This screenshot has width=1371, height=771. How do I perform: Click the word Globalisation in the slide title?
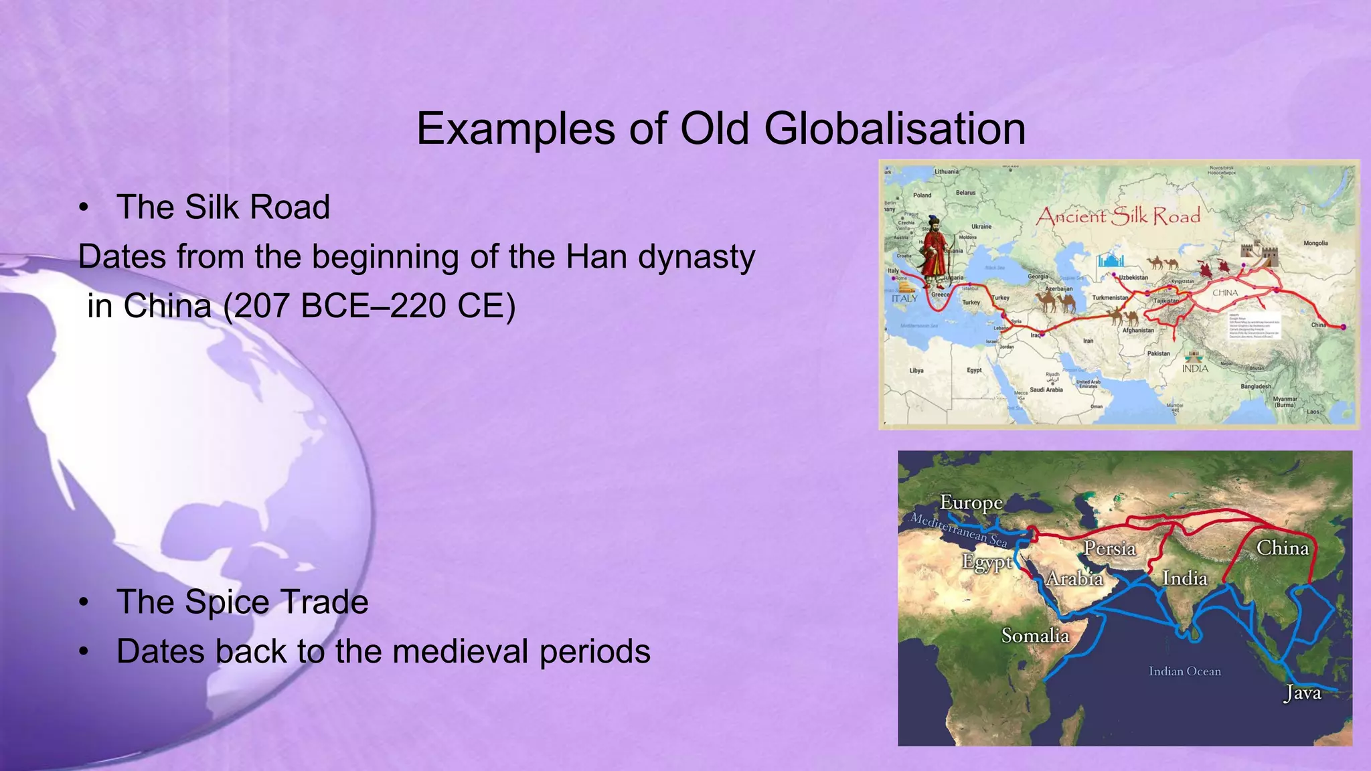pyautogui.click(x=894, y=128)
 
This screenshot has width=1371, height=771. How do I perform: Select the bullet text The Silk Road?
pyautogui.click(x=223, y=207)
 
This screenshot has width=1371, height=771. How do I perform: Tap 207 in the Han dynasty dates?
pyautogui.click(x=262, y=307)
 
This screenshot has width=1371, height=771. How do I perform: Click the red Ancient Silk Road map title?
pyautogui.click(x=1118, y=216)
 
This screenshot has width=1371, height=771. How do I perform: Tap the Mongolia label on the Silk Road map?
pyautogui.click(x=1315, y=244)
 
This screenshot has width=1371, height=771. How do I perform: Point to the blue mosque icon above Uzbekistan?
pyautogui.click(x=1111, y=260)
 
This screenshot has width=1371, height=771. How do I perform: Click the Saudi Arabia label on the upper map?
pyautogui.click(x=1046, y=390)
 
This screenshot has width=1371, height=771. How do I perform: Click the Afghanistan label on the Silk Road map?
pyautogui.click(x=1138, y=330)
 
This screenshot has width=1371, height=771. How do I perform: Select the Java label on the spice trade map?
pyautogui.click(x=1303, y=693)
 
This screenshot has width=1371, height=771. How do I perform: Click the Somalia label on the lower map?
pyautogui.click(x=1035, y=635)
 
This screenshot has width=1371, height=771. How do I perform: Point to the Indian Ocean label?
pyautogui.click(x=1184, y=671)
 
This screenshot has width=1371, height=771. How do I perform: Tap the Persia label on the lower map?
pyautogui.click(x=1110, y=549)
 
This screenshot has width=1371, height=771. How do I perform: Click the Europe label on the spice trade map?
pyautogui.click(x=971, y=502)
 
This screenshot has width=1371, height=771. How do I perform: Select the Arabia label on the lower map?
pyautogui.click(x=1074, y=578)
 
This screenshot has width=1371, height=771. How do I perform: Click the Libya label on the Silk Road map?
pyautogui.click(x=916, y=370)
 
